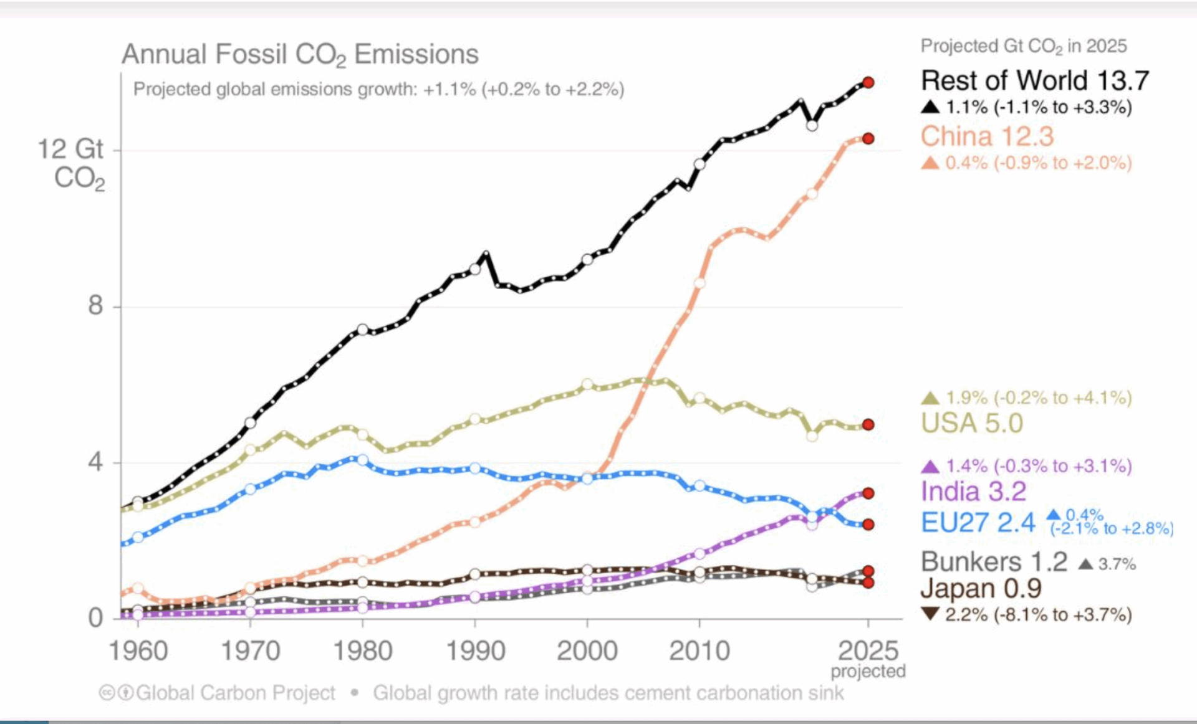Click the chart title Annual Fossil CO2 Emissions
pyautogui.click(x=300, y=54)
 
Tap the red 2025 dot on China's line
pyautogui.click(x=868, y=138)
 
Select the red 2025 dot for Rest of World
pyautogui.click(x=868, y=82)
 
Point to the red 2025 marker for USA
pyautogui.click(x=868, y=425)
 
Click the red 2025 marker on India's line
pyautogui.click(x=868, y=493)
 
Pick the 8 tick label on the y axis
pyautogui.click(x=95, y=305)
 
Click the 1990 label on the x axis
pyautogui.click(x=475, y=651)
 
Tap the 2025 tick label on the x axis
pyautogui.click(x=868, y=651)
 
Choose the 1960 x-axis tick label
pyautogui.click(x=138, y=651)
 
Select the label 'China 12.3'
pyautogui.click(x=987, y=136)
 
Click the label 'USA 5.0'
pyautogui.click(x=972, y=424)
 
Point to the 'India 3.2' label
pyautogui.click(x=973, y=492)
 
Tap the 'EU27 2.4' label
pyautogui.click(x=978, y=523)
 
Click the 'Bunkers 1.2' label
pyautogui.click(x=994, y=562)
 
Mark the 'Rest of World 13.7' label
pyautogui.click(x=1034, y=80)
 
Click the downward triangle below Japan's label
pyautogui.click(x=930, y=614)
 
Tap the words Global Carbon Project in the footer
pyautogui.click(x=235, y=693)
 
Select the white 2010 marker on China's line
pyautogui.click(x=699, y=283)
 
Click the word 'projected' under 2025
pyautogui.click(x=868, y=672)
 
